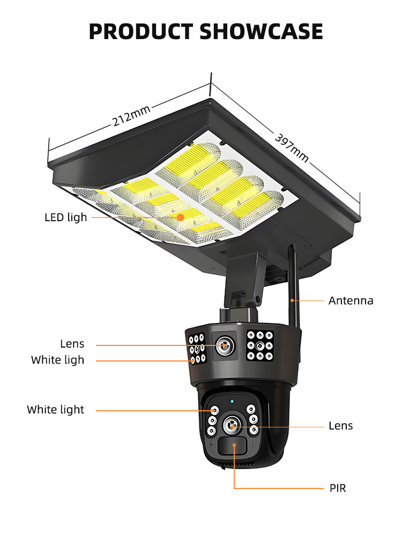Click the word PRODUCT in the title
click(141, 32)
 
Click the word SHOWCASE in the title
click(262, 32)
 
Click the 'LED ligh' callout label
click(65, 217)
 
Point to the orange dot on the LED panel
click(181, 217)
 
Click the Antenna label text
click(351, 300)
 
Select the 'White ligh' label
click(57, 360)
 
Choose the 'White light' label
click(56, 410)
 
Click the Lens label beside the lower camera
click(341, 426)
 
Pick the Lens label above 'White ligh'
click(72, 344)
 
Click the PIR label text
click(338, 488)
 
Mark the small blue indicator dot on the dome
click(232, 400)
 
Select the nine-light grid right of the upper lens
click(260, 345)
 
